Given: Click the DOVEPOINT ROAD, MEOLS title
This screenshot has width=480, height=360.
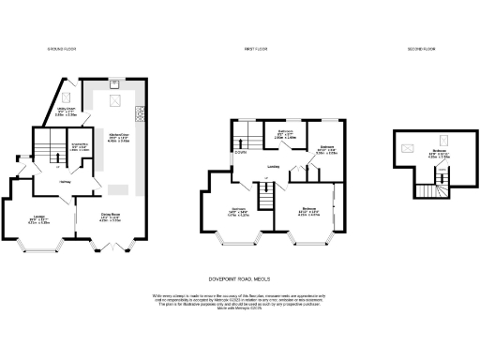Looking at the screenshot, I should pyautogui.click(x=239, y=278).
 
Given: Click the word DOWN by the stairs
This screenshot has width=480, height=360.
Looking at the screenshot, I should pyautogui.click(x=241, y=154).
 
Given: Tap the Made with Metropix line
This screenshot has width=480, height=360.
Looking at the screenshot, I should pyautogui.click(x=239, y=309).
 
